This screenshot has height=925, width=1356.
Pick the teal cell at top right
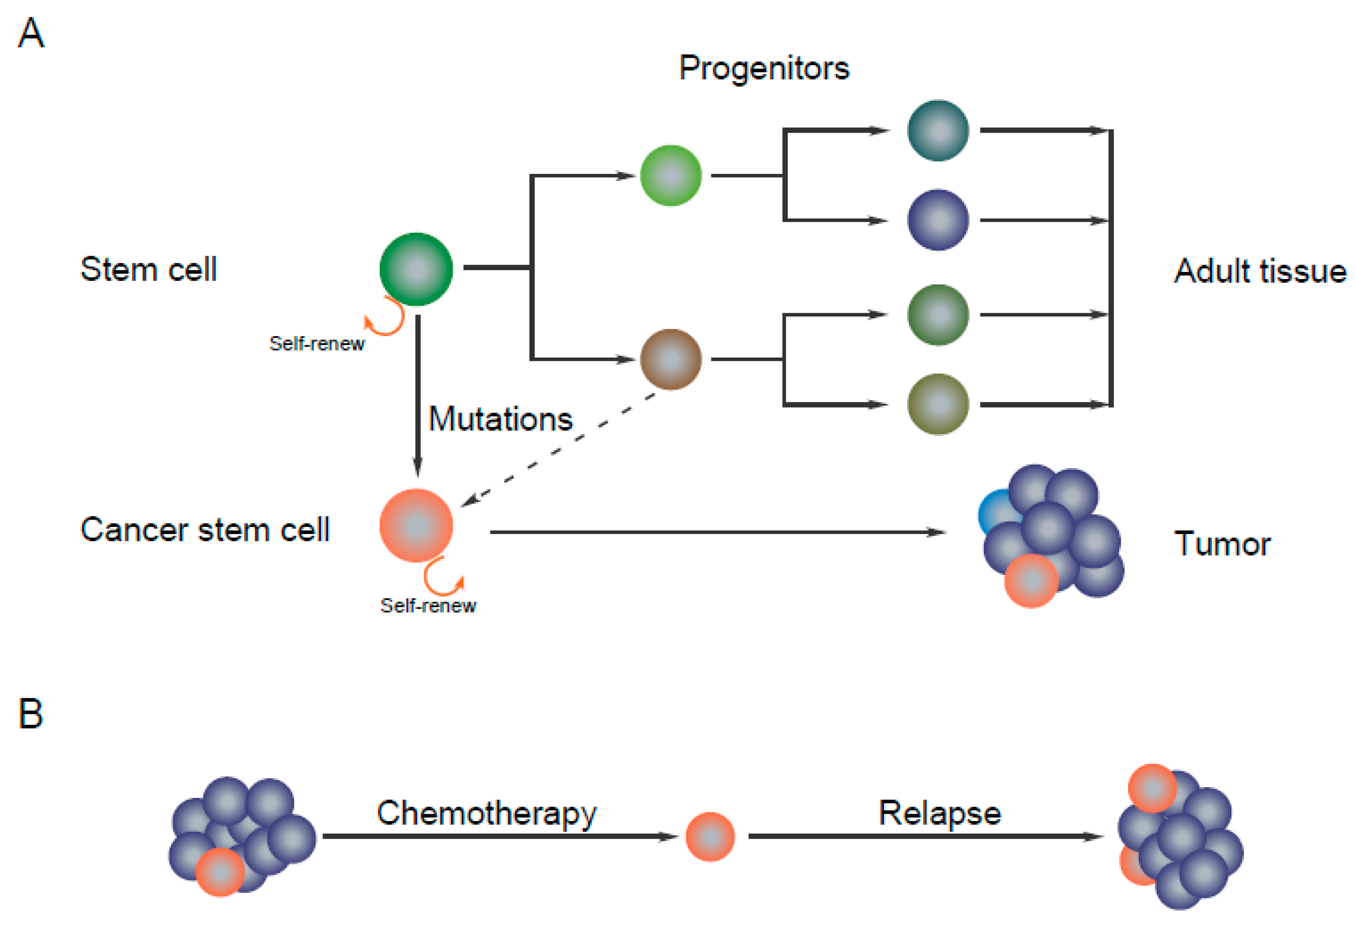click(938, 130)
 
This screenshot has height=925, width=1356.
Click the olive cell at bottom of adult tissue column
click(938, 404)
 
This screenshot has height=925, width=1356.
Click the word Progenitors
click(764, 68)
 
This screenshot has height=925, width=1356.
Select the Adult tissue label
click(1260, 271)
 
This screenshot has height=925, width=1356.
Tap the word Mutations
click(501, 419)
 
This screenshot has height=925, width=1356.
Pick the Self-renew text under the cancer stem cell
click(428, 605)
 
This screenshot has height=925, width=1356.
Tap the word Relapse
click(939, 813)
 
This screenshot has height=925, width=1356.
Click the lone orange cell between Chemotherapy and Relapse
click(710, 836)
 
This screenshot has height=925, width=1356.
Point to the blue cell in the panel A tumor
click(995, 508)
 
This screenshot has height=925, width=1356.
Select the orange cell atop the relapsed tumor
click(1152, 788)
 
